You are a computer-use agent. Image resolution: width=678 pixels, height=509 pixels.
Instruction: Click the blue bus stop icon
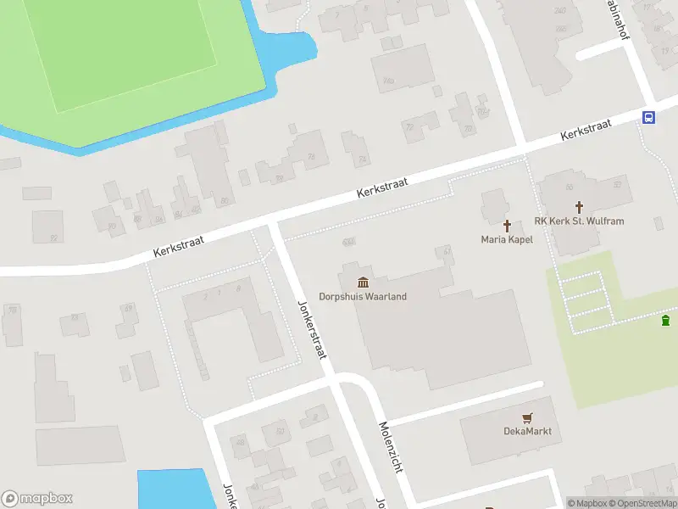click(649, 118)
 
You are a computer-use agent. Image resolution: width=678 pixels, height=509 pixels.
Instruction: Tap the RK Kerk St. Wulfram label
click(580, 221)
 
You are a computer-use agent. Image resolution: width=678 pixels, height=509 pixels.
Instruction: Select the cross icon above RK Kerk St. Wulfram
click(580, 206)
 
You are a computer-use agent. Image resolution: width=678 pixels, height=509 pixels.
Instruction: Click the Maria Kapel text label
click(507, 240)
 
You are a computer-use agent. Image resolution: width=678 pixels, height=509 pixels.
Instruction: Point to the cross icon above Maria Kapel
click(507, 225)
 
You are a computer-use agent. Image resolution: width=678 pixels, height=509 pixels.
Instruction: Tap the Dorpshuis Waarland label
click(363, 297)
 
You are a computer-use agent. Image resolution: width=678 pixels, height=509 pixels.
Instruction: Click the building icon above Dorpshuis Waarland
click(363, 282)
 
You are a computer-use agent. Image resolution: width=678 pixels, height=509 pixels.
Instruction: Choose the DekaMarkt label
click(527, 431)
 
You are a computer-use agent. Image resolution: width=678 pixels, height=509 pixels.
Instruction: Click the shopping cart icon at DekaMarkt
click(527, 417)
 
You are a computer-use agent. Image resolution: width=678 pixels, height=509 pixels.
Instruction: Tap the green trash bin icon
click(665, 320)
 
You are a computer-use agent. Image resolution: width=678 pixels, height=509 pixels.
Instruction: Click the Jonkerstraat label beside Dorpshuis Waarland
click(311, 329)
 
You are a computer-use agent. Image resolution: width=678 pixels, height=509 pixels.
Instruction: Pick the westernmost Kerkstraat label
click(180, 246)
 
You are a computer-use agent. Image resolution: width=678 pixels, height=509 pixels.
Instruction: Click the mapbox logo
click(37, 499)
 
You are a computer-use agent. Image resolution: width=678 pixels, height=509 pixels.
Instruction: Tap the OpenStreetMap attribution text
click(641, 503)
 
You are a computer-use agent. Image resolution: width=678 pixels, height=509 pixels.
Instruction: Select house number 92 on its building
click(53, 238)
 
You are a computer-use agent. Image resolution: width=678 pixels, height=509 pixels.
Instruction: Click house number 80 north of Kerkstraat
click(224, 200)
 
